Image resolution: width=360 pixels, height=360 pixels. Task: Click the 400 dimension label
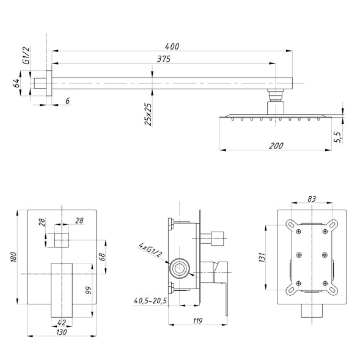pyautogui.click(x=172, y=46)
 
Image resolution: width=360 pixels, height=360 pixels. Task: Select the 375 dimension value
pyautogui.click(x=164, y=59)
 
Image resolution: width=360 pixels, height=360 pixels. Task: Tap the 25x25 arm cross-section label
pyautogui.click(x=148, y=114)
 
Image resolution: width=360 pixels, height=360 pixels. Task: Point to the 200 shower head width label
pyautogui.click(x=276, y=145)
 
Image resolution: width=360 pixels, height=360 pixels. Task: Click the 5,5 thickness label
pyautogui.click(x=339, y=138)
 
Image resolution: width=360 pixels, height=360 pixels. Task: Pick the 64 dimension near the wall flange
pyautogui.click(x=16, y=83)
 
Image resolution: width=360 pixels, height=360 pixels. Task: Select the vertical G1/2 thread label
pyautogui.click(x=26, y=55)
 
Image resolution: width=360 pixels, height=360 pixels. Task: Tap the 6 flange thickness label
pyautogui.click(x=67, y=101)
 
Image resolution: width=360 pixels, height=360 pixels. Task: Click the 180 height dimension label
pyautogui.click(x=13, y=257)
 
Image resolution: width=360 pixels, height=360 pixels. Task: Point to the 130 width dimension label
pyautogui.click(x=62, y=332)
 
